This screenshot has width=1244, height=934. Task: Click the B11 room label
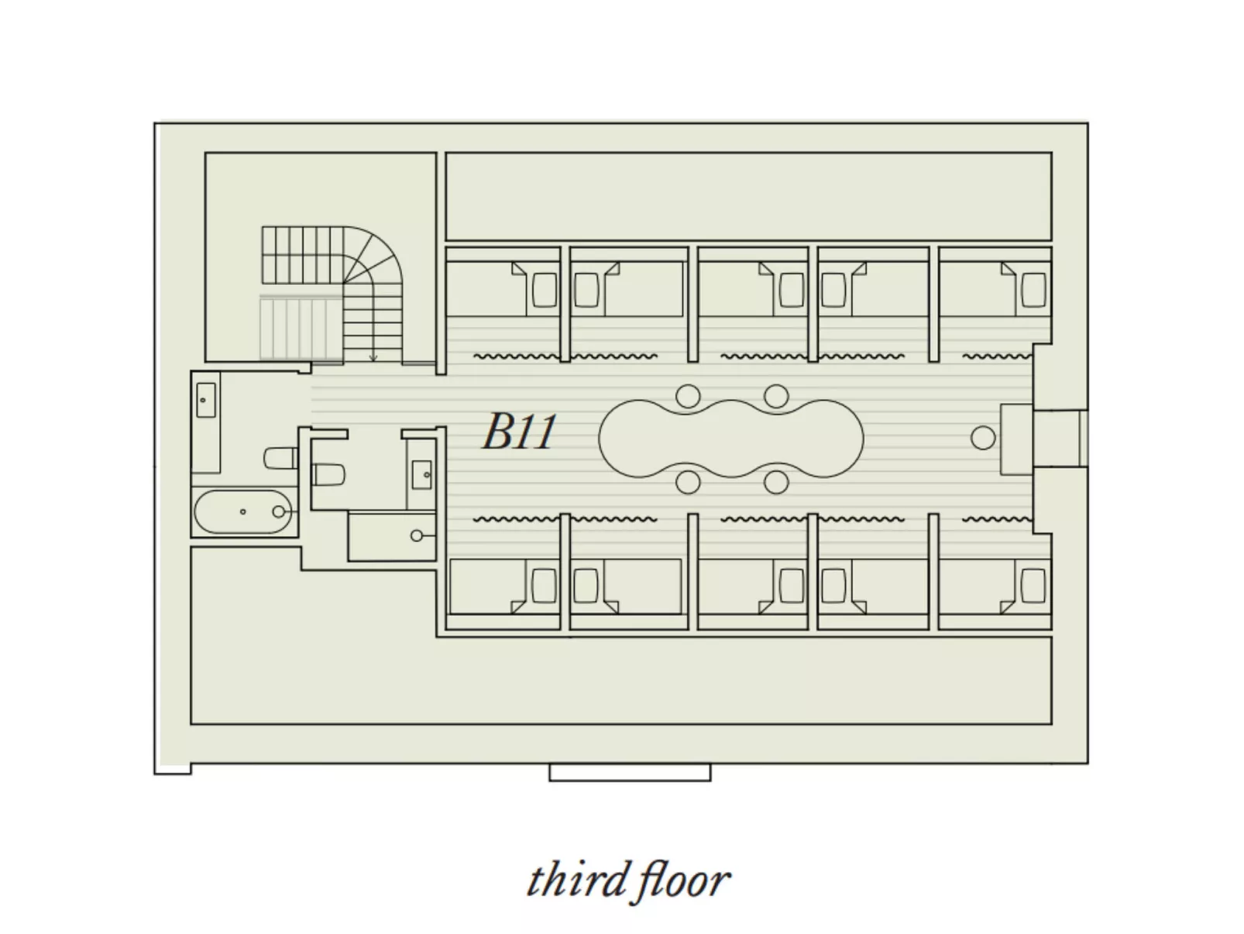519,432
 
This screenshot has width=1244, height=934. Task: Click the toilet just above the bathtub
280,458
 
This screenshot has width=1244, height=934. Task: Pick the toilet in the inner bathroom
328,474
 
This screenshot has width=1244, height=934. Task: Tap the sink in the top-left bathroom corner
205,400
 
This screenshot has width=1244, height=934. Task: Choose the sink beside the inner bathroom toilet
422,474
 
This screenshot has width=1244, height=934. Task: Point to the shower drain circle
417,536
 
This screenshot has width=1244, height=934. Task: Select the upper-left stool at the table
687,396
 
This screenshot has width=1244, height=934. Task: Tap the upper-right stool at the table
775,396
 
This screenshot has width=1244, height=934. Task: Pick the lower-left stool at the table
687,482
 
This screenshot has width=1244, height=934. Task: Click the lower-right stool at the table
775,482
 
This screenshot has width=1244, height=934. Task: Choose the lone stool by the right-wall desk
983,438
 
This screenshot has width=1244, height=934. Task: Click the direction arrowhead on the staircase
373,357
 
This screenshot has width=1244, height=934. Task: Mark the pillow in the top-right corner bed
1033,291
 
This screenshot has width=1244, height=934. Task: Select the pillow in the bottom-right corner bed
1033,585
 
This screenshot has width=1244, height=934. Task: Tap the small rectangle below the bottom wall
629,772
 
